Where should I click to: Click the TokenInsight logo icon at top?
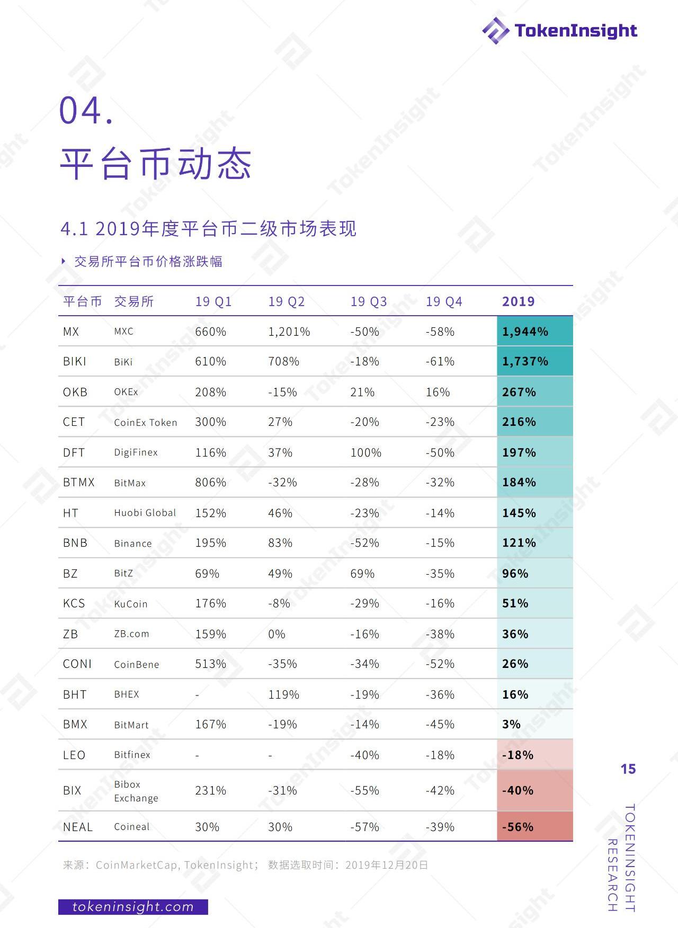click(x=496, y=30)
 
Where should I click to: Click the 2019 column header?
click(x=518, y=301)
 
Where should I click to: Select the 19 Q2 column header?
click(x=286, y=301)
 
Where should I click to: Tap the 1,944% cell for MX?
click(x=525, y=332)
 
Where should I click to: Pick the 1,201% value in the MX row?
click(x=289, y=332)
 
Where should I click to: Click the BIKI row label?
click(x=75, y=361)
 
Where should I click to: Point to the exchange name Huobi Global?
click(x=145, y=513)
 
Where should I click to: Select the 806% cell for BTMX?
click(x=210, y=482)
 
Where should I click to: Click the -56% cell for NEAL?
click(x=518, y=827)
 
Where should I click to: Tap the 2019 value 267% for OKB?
click(x=519, y=392)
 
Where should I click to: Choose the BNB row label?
click(x=75, y=543)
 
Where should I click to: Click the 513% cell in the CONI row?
click(x=210, y=664)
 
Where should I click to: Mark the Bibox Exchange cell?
click(x=136, y=791)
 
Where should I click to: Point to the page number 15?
click(x=628, y=769)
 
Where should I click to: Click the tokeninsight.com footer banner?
click(x=133, y=907)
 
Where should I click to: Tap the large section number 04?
click(x=86, y=111)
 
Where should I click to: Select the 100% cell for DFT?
click(x=365, y=452)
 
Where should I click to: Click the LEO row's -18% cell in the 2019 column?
click(x=518, y=755)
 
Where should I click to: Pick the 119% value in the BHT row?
click(x=283, y=694)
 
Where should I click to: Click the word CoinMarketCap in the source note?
click(x=136, y=865)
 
